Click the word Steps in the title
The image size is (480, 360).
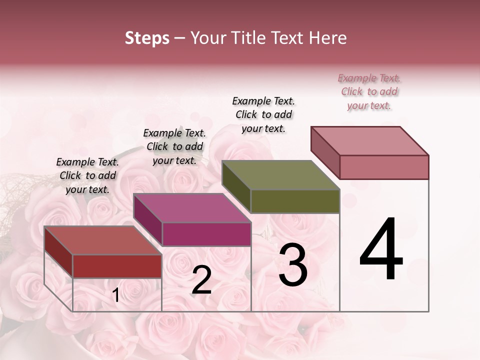tap(147, 38)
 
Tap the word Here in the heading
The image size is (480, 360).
tap(328, 38)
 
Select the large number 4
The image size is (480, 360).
tap(381, 250)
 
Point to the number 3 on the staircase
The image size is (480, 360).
tap(292, 265)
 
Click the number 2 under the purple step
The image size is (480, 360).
tap(201, 280)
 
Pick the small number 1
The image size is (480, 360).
tap(116, 295)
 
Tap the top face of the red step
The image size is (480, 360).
tap(102, 240)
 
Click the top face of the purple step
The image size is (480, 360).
tap(191, 208)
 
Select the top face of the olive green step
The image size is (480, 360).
tap(280, 175)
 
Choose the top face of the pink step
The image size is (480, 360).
tap(369, 141)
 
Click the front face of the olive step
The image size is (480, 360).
tap(295, 201)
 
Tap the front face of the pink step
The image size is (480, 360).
tap(384, 167)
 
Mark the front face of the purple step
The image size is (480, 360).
tap(206, 234)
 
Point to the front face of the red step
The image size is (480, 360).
tap(117, 266)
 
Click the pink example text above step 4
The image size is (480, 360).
tap(369, 92)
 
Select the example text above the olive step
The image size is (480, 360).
tap(263, 114)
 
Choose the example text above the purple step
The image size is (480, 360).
tap(174, 147)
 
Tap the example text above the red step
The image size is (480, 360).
tap(87, 176)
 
